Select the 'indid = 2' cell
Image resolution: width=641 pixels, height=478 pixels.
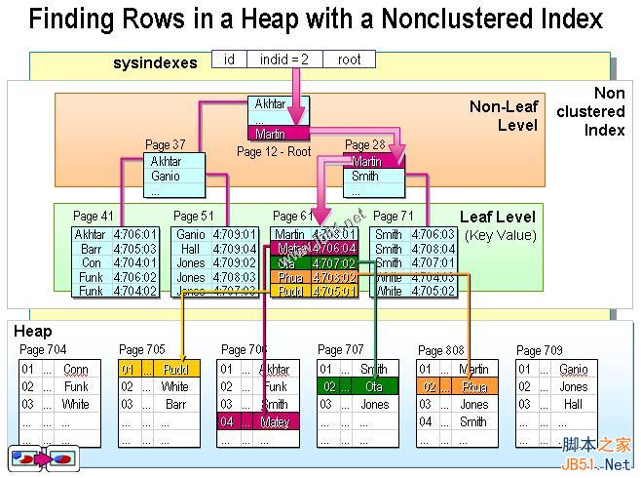[x=283, y=60]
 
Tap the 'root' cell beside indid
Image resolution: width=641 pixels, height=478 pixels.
[x=349, y=60]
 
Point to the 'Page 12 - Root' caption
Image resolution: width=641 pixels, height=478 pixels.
[x=274, y=151]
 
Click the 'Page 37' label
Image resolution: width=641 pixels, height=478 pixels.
[x=165, y=145]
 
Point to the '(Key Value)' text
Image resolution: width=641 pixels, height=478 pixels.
[x=501, y=235]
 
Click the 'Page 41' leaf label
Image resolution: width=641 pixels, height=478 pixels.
[x=94, y=217]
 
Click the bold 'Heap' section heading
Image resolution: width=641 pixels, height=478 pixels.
[x=33, y=332]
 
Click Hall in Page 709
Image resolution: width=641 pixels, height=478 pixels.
[x=573, y=404]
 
